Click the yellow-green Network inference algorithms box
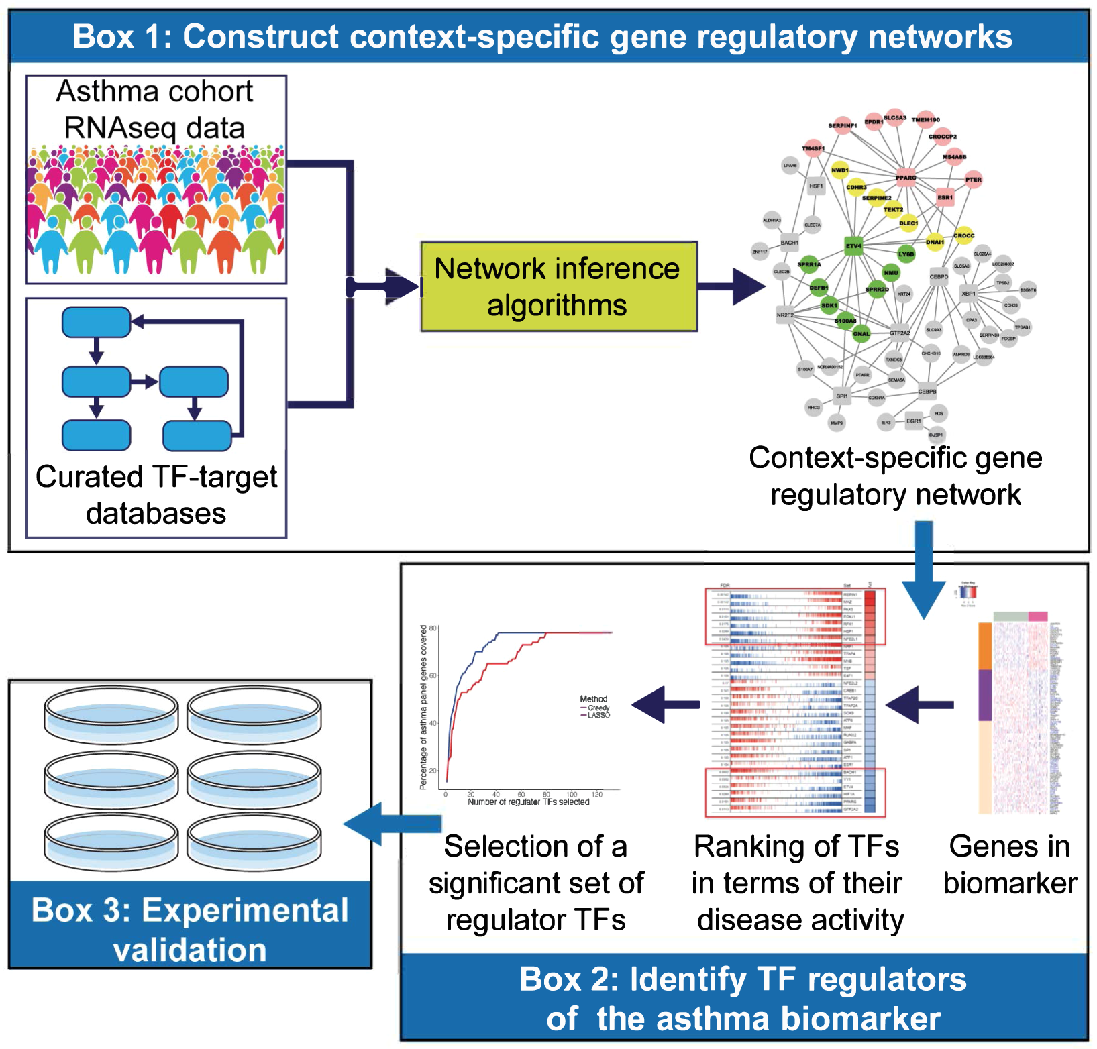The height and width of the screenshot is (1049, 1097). tap(558, 286)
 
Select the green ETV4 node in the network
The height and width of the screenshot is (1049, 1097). tap(853, 246)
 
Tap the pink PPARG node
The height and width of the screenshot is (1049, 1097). tap(906, 178)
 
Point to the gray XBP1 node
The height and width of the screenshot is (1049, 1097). tap(968, 294)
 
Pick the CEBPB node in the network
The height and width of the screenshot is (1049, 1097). tap(927, 391)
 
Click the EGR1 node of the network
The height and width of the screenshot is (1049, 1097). tap(913, 421)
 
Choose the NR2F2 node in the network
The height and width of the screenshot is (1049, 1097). tap(785, 315)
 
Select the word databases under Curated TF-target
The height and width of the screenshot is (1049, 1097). tap(156, 514)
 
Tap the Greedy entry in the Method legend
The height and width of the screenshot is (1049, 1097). tap(598, 708)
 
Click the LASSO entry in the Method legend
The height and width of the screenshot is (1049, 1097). tap(598, 716)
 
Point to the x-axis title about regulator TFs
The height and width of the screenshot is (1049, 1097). tap(528, 802)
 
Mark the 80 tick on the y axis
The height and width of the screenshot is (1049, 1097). tap(433, 628)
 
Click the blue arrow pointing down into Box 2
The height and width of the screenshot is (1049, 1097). tap(924, 570)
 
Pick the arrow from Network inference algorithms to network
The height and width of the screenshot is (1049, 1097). tap(731, 286)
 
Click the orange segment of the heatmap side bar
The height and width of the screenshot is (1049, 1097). tap(985, 646)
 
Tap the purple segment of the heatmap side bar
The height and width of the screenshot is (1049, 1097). tap(985, 695)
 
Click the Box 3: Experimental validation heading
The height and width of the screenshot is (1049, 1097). tap(190, 930)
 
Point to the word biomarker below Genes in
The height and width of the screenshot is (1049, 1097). tap(1010, 883)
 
